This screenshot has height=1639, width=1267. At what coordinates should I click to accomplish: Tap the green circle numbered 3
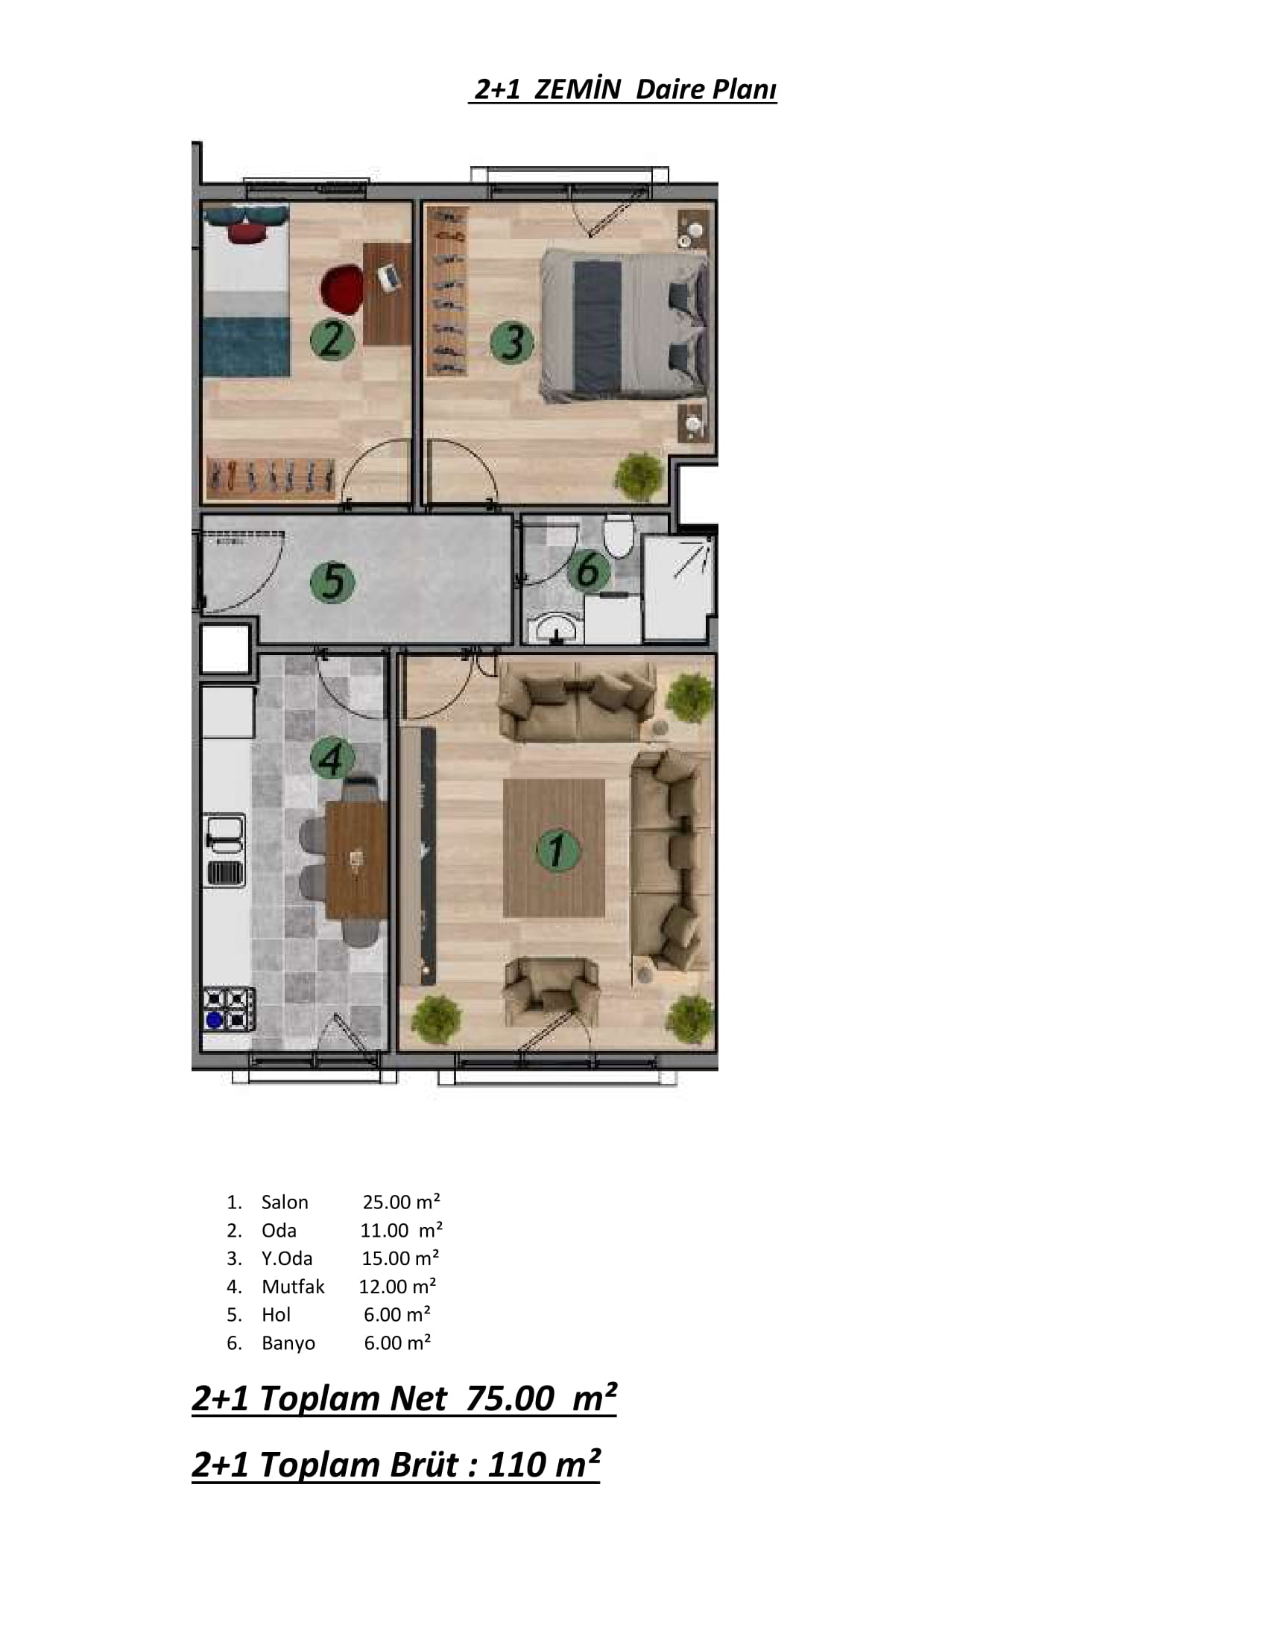tap(512, 342)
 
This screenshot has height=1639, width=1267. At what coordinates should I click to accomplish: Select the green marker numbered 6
tap(589, 570)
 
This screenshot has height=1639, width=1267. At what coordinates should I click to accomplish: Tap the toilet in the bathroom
tap(619, 534)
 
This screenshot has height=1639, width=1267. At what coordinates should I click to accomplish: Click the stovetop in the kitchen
tap(228, 1009)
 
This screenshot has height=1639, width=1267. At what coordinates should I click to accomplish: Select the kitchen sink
tap(224, 850)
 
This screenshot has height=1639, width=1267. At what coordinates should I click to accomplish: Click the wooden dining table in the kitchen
tap(356, 860)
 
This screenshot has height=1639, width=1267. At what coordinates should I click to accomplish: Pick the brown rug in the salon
tap(554, 848)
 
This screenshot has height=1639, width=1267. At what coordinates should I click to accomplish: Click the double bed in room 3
tap(625, 325)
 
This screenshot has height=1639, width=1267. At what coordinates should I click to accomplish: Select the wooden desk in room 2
tap(388, 294)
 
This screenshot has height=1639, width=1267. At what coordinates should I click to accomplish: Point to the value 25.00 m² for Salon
tap(401, 1202)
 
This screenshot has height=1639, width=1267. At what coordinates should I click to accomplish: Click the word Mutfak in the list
tap(293, 1287)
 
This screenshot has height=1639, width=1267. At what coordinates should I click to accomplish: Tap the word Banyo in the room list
tap(288, 1342)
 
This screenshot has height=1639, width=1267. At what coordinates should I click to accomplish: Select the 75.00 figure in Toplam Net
tap(510, 1399)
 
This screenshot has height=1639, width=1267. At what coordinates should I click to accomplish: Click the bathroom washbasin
tap(555, 629)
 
